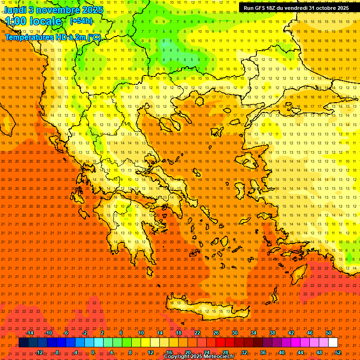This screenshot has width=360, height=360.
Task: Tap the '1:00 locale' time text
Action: (33, 22)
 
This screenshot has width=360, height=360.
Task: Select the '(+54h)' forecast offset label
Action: (81, 21)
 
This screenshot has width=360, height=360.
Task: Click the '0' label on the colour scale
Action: (93, 352)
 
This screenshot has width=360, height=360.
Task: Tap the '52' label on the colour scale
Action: (338, 352)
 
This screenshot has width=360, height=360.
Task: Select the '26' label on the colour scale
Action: (216, 333)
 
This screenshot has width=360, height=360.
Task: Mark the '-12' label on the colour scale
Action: (39, 352)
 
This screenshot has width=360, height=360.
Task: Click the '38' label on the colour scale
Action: (272, 333)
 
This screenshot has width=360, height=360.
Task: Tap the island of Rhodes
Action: (300, 276)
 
